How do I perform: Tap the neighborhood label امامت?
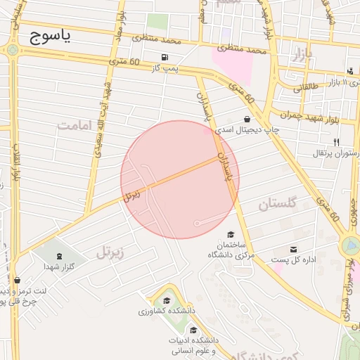(x=75, y=125)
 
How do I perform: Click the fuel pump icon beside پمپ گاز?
(x=165, y=58)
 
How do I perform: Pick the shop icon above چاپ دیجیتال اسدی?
(x=246, y=119)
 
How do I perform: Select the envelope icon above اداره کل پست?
(x=293, y=249)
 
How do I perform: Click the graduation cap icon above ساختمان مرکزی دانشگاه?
(x=231, y=234)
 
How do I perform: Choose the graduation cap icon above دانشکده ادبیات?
(x=193, y=330)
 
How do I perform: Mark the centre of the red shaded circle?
(x=180, y=179)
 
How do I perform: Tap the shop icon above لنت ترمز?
(x=16, y=280)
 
